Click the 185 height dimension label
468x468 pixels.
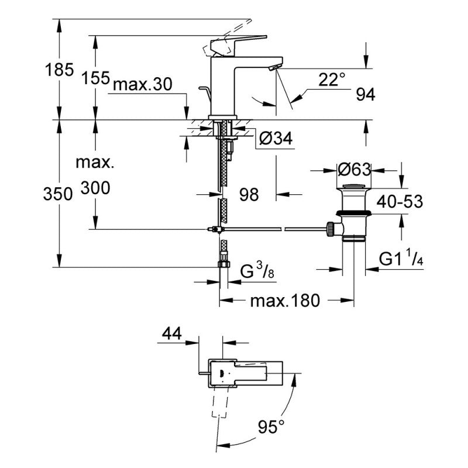tap(60, 71)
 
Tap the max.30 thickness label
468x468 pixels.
tap(142, 85)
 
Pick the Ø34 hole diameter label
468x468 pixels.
tap(274, 139)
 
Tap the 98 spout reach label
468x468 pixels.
tap(248, 194)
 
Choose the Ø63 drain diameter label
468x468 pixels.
tap(355, 170)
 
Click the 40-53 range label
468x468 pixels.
tap(400, 202)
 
